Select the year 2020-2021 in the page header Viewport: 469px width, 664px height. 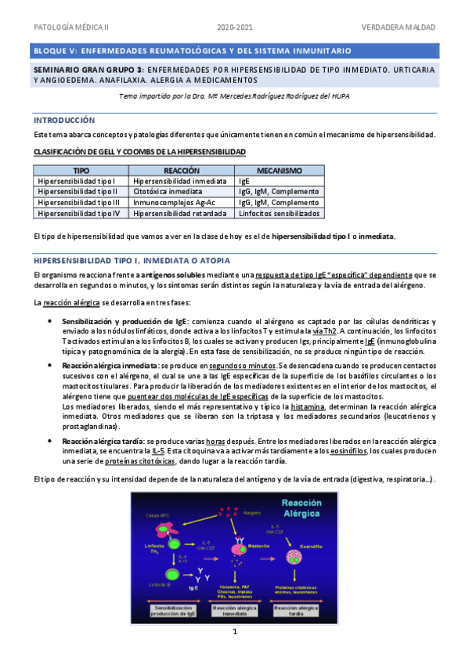click(x=235, y=28)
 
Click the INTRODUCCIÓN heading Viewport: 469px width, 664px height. click(x=64, y=121)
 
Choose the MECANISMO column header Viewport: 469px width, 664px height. click(x=280, y=170)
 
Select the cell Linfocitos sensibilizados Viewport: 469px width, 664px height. click(x=280, y=213)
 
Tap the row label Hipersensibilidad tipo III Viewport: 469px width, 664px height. click(x=78, y=202)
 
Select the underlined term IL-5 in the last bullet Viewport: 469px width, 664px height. click(x=158, y=451)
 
